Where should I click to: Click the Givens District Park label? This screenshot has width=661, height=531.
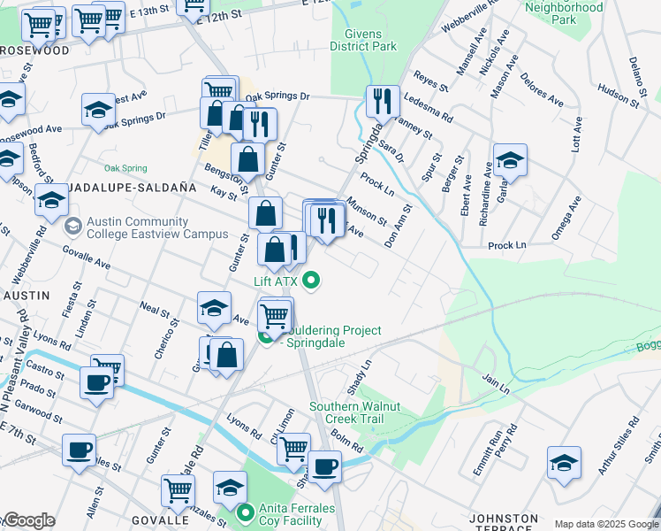point(363,41)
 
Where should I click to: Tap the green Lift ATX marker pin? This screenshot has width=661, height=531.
point(310,282)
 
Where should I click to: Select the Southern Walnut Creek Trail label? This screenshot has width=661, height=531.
point(354,412)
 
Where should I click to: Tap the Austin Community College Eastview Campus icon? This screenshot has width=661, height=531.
point(72,227)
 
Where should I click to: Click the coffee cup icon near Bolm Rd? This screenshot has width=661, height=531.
point(324,466)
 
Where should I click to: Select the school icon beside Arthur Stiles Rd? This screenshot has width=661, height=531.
point(564,463)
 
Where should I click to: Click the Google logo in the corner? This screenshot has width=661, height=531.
point(28,521)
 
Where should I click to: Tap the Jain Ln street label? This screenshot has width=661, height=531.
point(496,387)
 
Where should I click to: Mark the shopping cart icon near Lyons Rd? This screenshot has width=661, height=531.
point(293,448)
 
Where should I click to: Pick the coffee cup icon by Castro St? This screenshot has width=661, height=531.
point(96,382)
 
